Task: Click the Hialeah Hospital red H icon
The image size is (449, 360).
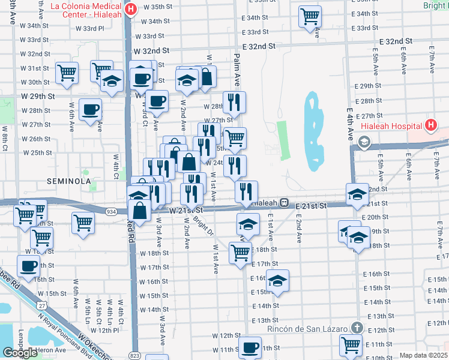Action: [x=430, y=125]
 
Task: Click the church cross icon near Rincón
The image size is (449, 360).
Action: [x=358, y=328]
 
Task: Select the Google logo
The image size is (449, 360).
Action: [x=20, y=352]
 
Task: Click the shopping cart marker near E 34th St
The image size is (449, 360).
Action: [x=310, y=16]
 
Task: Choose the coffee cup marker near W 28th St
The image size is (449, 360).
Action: [x=90, y=110]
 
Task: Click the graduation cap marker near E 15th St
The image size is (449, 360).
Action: [x=277, y=281]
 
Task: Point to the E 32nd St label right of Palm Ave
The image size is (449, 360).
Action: [x=259, y=46]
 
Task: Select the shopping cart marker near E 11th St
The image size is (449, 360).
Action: [x=350, y=345]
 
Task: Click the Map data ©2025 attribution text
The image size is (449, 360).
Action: [x=423, y=355]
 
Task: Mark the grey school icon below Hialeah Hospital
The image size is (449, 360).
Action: [x=363, y=142]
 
